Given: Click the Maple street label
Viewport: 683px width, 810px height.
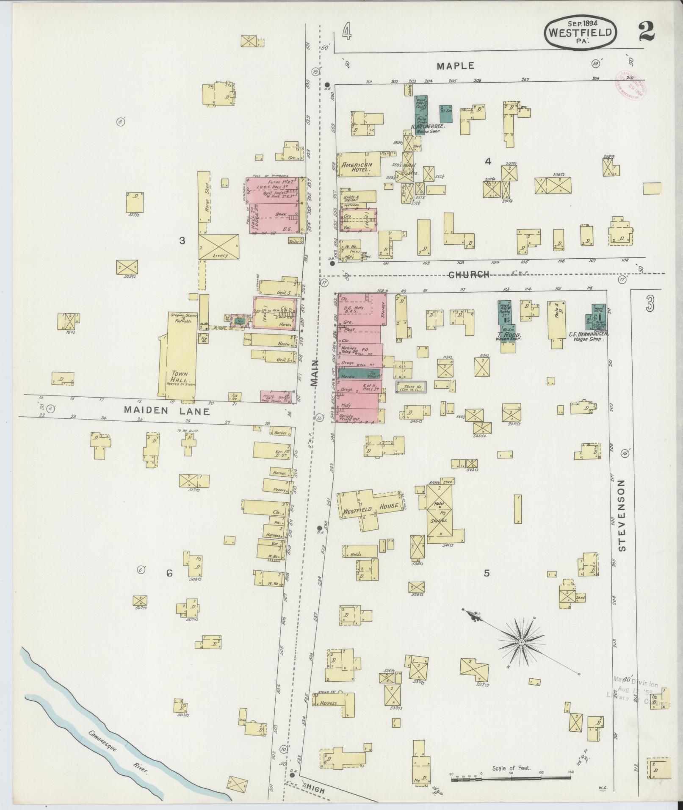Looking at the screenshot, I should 456,66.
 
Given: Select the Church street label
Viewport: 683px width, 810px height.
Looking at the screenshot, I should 469,275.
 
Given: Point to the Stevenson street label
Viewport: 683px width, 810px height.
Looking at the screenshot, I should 621,515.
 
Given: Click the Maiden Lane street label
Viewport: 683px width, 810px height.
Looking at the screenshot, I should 166,410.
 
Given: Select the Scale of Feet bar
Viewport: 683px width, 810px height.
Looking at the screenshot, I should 511,778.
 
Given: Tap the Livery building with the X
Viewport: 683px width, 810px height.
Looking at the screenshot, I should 218,247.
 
